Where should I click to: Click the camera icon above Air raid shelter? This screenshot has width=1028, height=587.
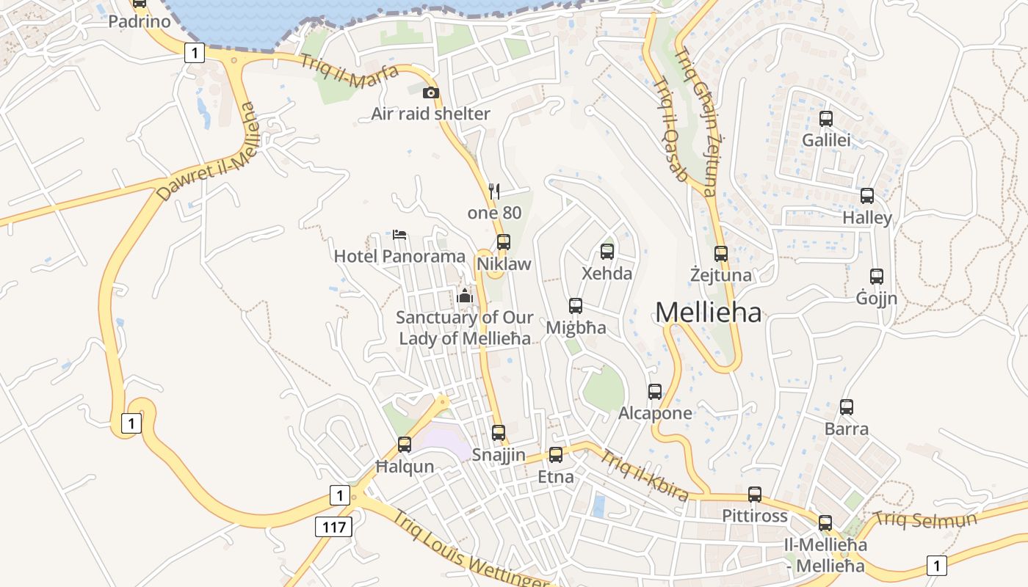(x=431, y=93)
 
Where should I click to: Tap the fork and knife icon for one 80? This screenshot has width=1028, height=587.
(x=494, y=192)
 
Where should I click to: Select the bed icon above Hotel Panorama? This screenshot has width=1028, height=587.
(x=399, y=235)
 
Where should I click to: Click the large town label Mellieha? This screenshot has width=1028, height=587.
(x=708, y=313)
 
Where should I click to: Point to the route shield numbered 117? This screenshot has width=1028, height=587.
(x=334, y=526)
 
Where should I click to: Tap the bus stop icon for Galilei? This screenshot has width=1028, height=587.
(x=826, y=119)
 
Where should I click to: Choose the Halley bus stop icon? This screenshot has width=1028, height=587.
(x=867, y=196)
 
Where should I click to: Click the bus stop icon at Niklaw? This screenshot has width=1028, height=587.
(x=504, y=242)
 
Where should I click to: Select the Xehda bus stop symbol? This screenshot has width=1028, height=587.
(x=607, y=252)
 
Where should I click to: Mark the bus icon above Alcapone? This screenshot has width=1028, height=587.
(x=655, y=392)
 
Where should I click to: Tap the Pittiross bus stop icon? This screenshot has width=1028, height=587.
(x=755, y=495)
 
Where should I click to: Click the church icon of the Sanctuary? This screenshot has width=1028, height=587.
(x=464, y=296)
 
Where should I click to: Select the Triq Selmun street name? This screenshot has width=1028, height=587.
(x=925, y=520)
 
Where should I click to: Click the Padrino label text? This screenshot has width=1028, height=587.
(x=140, y=21)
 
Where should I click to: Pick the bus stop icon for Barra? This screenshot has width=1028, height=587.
(x=847, y=407)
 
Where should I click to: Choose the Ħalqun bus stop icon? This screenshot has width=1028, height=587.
(x=405, y=445)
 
